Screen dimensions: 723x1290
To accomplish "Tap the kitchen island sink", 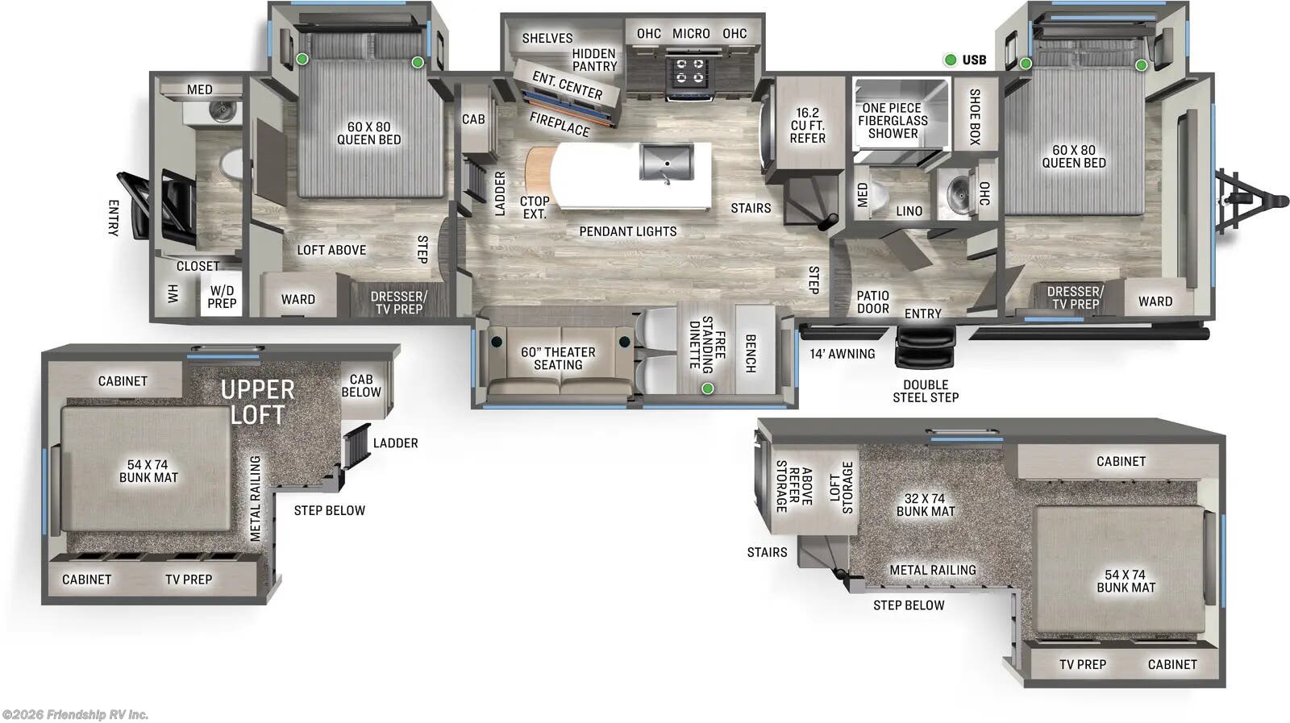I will coord(667,162).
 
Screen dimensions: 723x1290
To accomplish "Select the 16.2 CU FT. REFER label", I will coord(807,126).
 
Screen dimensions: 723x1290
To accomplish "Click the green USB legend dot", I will coord(951,60).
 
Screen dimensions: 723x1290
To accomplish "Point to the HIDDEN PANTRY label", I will coord(594,60).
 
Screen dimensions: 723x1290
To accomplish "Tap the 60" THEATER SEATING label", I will coord(558,359).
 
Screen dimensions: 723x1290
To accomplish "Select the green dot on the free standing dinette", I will coord(707,389).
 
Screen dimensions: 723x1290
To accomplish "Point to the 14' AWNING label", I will coord(842,354).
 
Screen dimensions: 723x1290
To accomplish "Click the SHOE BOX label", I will coord(974,117).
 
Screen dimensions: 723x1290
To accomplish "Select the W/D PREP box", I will coord(222,297).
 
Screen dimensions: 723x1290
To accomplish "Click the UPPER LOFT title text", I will coord(257,401).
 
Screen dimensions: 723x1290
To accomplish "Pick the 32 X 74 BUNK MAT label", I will coord(925,505).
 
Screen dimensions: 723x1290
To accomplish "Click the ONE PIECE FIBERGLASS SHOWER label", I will coord(893,121).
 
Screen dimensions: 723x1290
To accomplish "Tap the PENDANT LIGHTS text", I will coord(627,231).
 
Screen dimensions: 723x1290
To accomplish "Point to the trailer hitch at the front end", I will coord(1250,197).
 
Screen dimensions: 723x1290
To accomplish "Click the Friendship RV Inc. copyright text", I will coord(75,714).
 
